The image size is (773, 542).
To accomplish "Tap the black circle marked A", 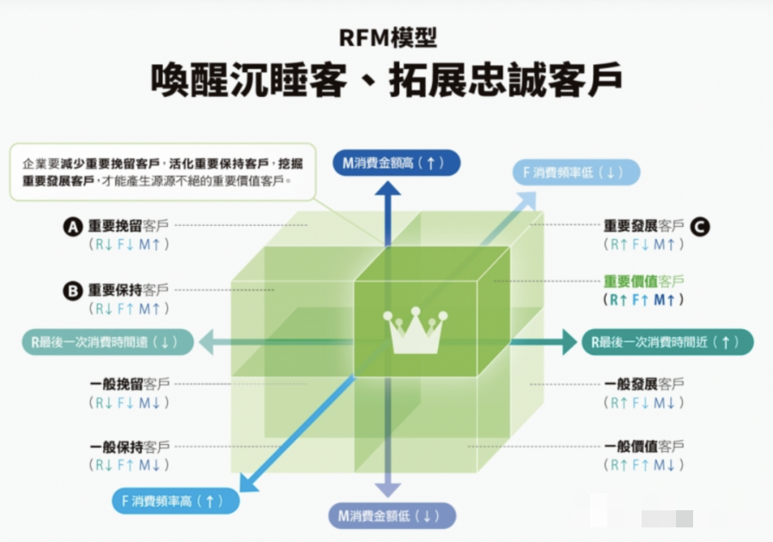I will click(x=74, y=226).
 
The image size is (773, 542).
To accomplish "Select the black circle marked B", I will click(x=74, y=291).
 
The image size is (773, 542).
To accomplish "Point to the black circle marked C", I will click(x=700, y=226).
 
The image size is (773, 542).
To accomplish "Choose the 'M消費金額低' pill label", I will click(x=391, y=516).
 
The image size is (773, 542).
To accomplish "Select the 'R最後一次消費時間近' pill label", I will click(x=666, y=342).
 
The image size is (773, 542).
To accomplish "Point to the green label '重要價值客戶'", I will click(x=643, y=281).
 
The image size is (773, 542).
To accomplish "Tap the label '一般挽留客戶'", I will click(x=130, y=383).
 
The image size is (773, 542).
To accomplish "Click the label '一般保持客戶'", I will click(x=130, y=447).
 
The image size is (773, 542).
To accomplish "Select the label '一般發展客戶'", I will click(x=643, y=383).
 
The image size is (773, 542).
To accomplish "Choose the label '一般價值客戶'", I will click(x=643, y=447).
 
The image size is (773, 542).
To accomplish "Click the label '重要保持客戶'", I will click(x=128, y=290).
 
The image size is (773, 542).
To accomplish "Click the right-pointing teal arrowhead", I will click(x=568, y=342).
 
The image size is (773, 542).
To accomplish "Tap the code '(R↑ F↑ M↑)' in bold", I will click(x=643, y=300).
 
